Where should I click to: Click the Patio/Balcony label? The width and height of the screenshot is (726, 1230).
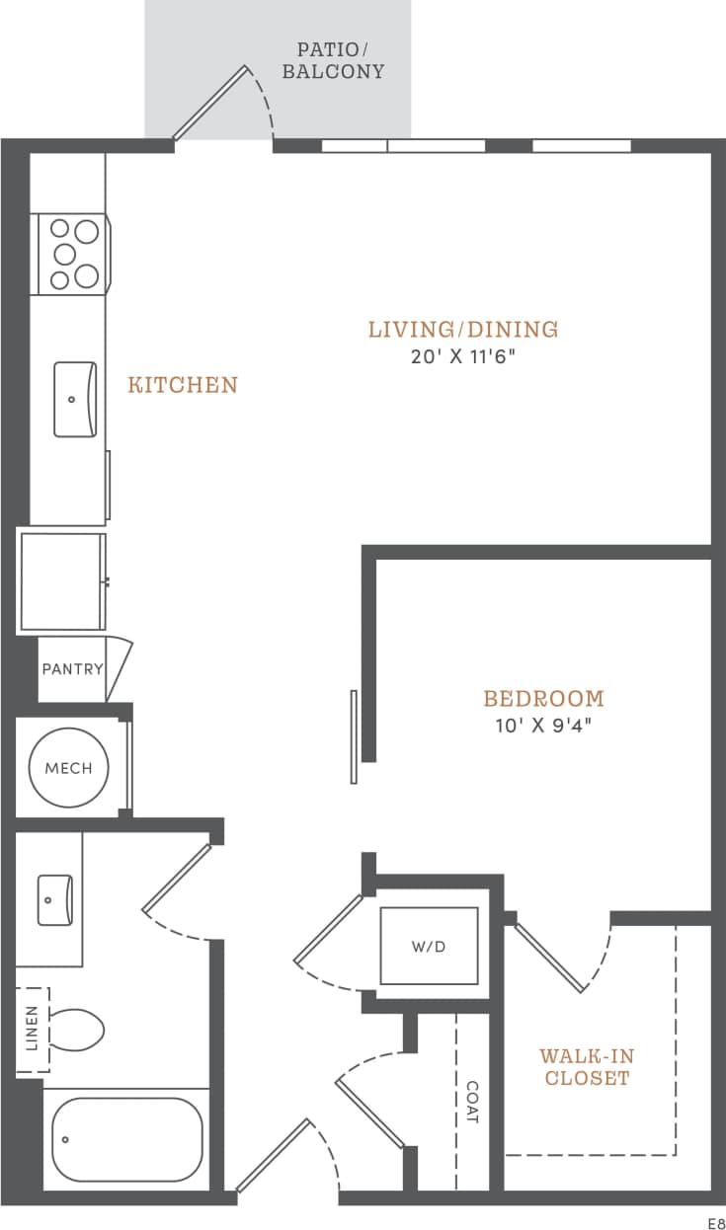(x=333, y=60)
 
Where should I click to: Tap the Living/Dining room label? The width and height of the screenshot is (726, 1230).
(x=463, y=330)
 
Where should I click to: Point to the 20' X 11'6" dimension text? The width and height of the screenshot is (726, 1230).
(x=463, y=356)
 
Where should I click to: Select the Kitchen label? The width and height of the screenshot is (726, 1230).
(x=183, y=385)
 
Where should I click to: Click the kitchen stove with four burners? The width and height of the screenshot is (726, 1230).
(x=74, y=254)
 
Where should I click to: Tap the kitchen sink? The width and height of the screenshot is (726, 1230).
(x=75, y=399)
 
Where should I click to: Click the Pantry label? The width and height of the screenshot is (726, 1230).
(x=72, y=669)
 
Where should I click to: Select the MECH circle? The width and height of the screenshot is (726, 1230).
(x=68, y=768)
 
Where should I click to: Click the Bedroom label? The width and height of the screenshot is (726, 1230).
(x=543, y=699)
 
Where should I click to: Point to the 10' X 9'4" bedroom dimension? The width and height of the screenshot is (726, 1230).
(x=543, y=726)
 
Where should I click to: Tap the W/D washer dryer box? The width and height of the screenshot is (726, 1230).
(x=429, y=946)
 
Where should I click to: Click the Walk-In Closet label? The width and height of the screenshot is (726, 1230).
(x=587, y=1067)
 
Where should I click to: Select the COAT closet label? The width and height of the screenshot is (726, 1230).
(x=471, y=1102)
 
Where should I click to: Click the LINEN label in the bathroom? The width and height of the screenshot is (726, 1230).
(x=32, y=1030)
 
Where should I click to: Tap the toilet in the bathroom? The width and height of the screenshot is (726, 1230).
(x=76, y=1030)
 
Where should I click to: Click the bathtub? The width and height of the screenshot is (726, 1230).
(x=126, y=1139)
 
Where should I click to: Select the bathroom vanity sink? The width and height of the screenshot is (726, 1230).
(x=54, y=899)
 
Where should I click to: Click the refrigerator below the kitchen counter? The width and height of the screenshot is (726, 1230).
(x=61, y=581)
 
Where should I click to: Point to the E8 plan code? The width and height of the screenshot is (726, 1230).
(x=714, y=1221)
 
